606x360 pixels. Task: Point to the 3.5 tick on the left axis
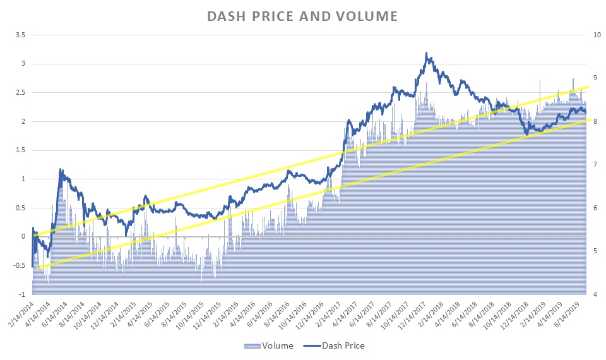pos(20,35)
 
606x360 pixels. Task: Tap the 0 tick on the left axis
pos(23,236)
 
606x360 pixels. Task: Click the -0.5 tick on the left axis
pos(19,265)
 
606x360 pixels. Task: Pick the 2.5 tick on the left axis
pos(20,92)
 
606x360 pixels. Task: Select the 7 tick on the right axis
pos(593,164)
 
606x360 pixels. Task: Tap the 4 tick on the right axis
pos(593,294)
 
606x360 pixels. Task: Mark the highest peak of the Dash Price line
pos(427,53)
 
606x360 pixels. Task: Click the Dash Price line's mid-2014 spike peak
pos(61,169)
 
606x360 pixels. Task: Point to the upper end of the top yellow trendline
pos(588,87)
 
